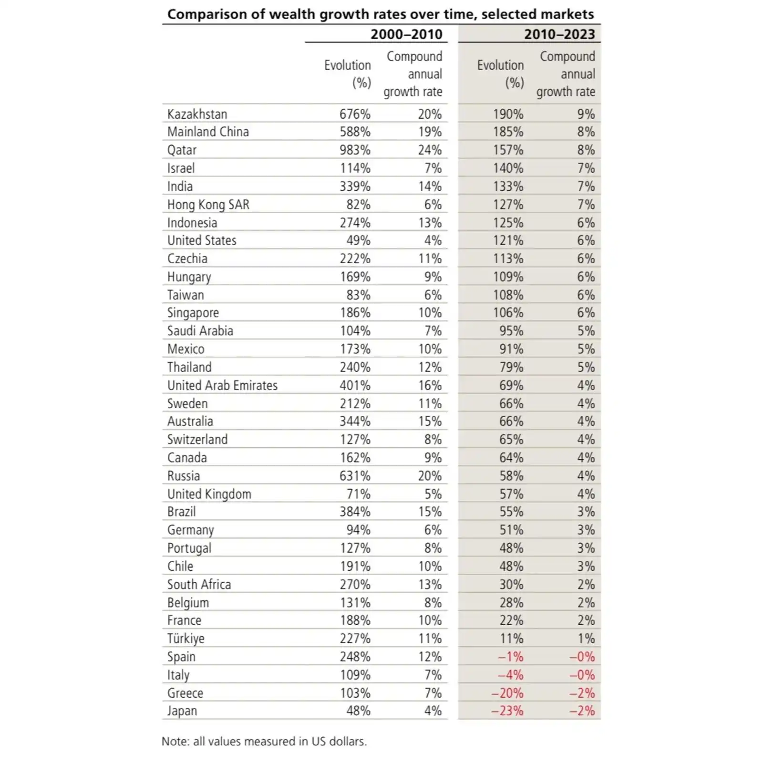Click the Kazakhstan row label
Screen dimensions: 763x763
point(197,114)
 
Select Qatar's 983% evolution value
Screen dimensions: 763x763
point(355,150)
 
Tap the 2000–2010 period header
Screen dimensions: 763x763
point(406,34)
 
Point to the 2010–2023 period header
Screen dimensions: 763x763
point(559,34)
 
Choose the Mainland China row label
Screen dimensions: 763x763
point(208,132)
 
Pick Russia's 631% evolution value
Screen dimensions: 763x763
point(355,476)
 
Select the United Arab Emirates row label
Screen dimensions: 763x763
point(222,385)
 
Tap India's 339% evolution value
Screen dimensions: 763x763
point(355,186)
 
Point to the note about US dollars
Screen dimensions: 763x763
point(264,742)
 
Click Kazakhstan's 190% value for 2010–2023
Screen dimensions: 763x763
point(508,114)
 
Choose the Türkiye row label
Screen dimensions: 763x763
point(186,639)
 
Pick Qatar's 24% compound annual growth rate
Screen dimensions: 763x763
point(430,150)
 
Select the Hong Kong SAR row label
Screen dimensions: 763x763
point(208,205)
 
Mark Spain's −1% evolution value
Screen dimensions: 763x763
point(510,657)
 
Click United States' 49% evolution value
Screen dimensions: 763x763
point(358,240)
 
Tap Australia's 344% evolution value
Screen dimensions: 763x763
point(355,422)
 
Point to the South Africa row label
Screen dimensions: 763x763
point(199,585)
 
